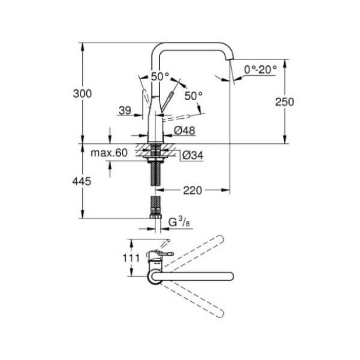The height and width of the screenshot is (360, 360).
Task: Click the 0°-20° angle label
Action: pyautogui.click(x=260, y=69)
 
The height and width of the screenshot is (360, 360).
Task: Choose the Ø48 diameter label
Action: pyautogui.click(x=185, y=131)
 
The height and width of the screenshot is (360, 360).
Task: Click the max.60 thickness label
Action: pyautogui.click(x=109, y=153)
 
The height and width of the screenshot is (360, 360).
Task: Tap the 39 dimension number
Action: pyautogui.click(x=125, y=110)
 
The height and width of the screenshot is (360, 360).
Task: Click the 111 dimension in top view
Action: pyautogui.click(x=132, y=257)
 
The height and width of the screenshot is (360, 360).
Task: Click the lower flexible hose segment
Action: pyautogui.click(x=155, y=207)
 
